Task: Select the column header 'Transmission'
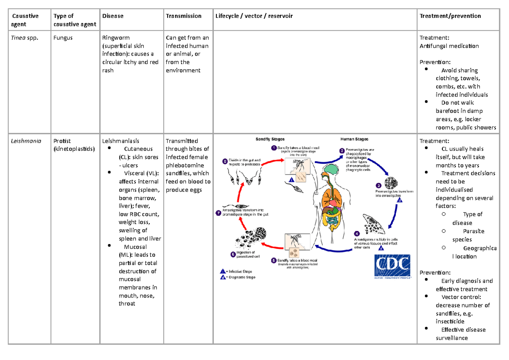coord(184,16)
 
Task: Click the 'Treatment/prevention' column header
coord(450,16)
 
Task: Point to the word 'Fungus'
coord(63,38)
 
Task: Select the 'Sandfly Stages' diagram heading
coord(270,139)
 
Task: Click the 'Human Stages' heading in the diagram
coord(354,139)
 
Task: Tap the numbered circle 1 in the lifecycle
coord(274,148)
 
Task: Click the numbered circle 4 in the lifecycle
coord(357,233)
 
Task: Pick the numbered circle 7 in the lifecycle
coord(218,214)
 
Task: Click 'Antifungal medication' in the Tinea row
coord(449,46)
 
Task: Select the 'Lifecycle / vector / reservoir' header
coord(254,16)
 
